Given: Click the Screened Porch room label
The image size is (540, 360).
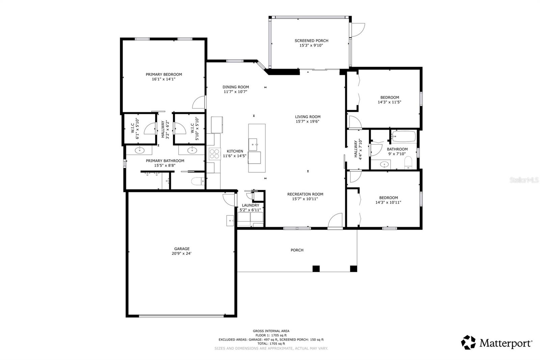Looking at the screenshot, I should click(x=311, y=41).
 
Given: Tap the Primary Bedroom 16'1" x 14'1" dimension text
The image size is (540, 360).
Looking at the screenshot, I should click(x=164, y=79).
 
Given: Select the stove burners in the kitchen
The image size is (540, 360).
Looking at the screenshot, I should click(x=214, y=154).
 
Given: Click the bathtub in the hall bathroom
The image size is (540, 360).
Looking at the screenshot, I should click(x=404, y=136).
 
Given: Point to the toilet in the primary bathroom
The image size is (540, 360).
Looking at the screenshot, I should click(x=198, y=182).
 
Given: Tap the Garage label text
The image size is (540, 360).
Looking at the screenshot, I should click(x=182, y=249).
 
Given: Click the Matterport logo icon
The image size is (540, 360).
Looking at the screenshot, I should click(x=468, y=342).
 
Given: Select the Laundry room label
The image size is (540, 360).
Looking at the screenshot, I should click(x=250, y=205).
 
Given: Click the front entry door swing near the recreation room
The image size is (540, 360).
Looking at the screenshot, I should click(x=335, y=221).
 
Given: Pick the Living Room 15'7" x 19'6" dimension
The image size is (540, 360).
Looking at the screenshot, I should click(x=307, y=122).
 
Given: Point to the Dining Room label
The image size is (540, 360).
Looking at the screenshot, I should click(x=236, y=87).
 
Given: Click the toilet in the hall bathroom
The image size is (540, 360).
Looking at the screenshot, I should click(x=408, y=162).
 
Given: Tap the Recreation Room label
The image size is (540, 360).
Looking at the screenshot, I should click(x=305, y=194).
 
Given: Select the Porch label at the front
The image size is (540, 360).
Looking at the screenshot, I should click(x=297, y=250).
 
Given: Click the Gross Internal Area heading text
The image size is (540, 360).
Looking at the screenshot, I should click(x=271, y=331).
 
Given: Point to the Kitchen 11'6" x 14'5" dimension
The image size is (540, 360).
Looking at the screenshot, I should click(x=235, y=156).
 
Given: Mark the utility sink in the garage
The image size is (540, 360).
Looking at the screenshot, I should click(x=230, y=221).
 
